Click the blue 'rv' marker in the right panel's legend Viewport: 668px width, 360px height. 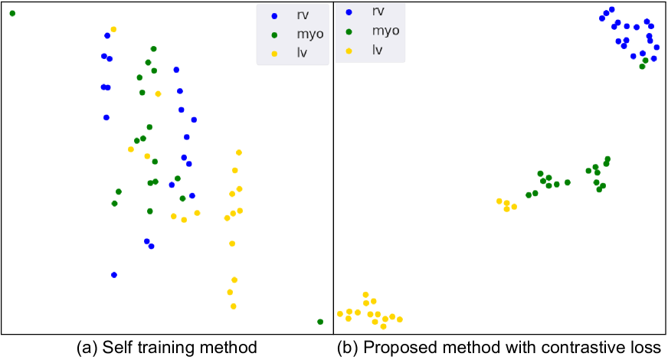[349, 11]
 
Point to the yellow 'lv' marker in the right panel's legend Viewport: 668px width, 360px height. [349, 51]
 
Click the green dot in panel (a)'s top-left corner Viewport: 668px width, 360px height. [12, 14]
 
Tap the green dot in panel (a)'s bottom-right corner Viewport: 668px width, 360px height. [320, 322]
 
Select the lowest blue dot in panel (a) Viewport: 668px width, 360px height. [114, 275]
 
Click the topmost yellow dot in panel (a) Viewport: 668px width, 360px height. [113, 29]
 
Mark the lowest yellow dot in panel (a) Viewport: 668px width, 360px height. [234, 306]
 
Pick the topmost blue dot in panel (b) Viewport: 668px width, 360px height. [611, 9]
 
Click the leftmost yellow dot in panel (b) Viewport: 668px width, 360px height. [340, 314]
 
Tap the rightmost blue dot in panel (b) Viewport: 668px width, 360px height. [657, 47]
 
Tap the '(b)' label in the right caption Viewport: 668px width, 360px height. [349, 347]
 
